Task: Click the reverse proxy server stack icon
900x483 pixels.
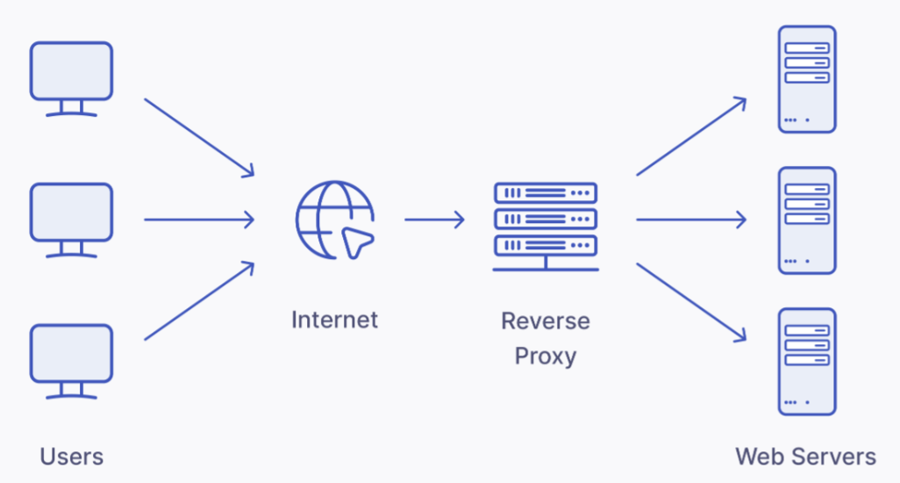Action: click(x=545, y=225)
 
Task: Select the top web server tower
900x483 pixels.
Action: click(x=807, y=79)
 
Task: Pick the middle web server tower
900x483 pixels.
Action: click(x=807, y=220)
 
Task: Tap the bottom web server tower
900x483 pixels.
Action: click(x=807, y=361)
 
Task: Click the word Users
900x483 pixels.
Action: click(x=71, y=457)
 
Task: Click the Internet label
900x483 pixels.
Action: click(x=334, y=319)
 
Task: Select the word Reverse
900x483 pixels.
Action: click(x=545, y=321)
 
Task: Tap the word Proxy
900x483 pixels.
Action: click(x=545, y=356)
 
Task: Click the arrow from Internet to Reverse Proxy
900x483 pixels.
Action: click(x=434, y=220)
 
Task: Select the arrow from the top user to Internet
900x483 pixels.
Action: click(x=199, y=136)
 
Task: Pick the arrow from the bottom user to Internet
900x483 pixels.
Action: click(x=199, y=300)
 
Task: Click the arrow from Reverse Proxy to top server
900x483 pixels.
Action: click(x=691, y=136)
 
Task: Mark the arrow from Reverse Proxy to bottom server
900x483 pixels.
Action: click(x=691, y=301)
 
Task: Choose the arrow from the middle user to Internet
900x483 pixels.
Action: click(x=199, y=220)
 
